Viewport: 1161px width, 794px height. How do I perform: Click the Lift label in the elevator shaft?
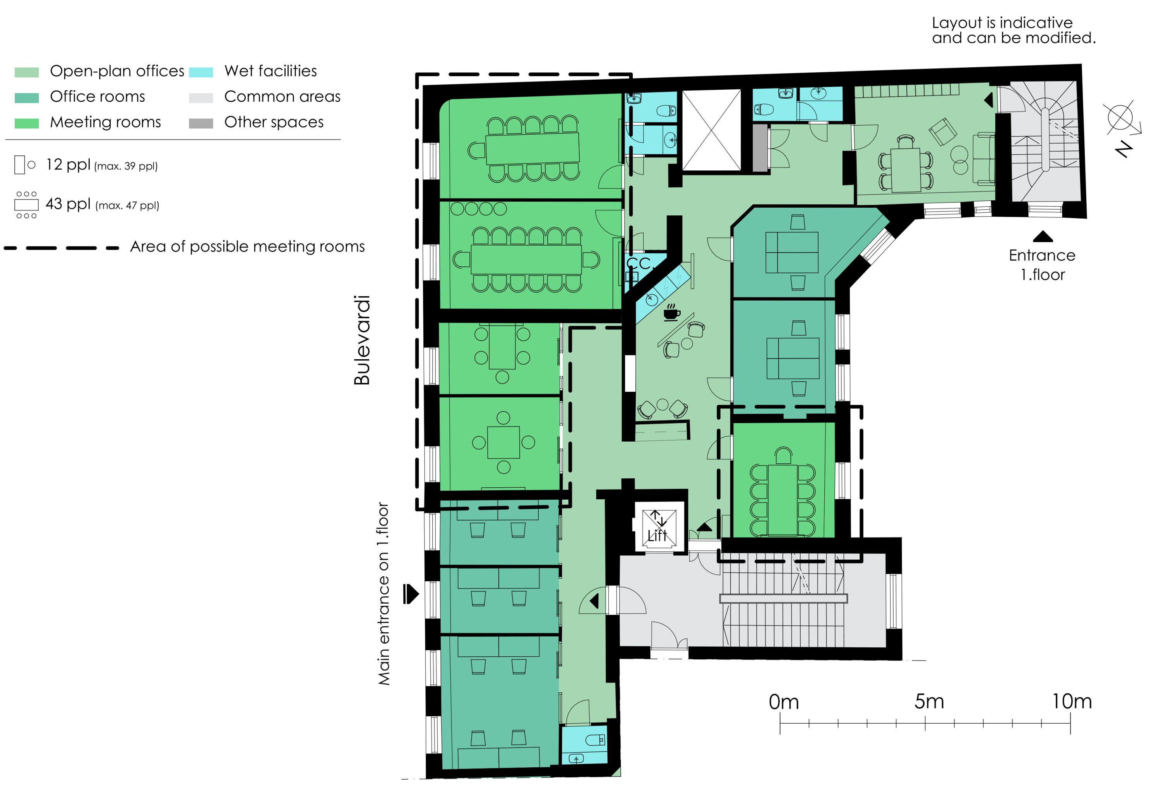[x=657, y=536]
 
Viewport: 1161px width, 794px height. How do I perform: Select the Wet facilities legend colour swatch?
[x=201, y=72]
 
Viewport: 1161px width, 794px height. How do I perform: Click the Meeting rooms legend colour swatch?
[x=26, y=123]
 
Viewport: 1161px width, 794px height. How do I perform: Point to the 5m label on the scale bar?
[x=929, y=702]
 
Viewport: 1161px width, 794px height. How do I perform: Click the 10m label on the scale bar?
[x=1072, y=702]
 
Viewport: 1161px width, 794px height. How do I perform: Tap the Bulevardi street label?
[x=362, y=340]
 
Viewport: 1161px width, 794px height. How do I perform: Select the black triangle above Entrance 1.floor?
[x=1043, y=236]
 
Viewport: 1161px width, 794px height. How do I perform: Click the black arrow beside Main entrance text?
[x=411, y=594]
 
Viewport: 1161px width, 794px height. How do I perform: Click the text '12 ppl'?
[x=68, y=164]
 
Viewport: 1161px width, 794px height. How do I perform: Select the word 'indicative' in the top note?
[x=1037, y=23]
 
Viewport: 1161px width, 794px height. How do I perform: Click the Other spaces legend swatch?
[x=201, y=123]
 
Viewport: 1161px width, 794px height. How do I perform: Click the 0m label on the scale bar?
[x=784, y=702]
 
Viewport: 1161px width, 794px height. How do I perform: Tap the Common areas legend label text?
[x=282, y=96]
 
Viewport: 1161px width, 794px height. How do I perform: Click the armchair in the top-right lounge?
[x=943, y=131]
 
